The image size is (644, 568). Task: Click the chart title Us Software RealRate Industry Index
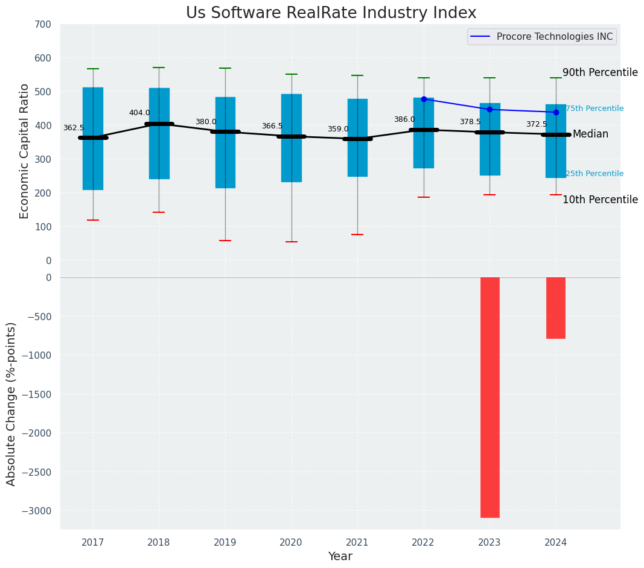[331, 13]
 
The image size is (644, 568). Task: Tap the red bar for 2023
[489, 397]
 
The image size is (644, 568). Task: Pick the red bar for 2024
[556, 308]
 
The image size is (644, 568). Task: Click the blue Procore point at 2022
[424, 99]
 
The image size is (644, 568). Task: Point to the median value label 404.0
[139, 113]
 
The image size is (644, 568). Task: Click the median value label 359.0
[338, 129]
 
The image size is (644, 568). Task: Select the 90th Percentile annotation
[600, 72]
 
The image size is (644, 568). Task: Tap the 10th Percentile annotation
[600, 200]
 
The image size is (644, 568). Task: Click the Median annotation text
[590, 134]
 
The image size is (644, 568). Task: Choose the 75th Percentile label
[595, 109]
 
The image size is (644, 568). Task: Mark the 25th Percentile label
[595, 174]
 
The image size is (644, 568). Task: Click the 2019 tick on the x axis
[225, 543]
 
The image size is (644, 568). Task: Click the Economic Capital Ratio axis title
[25, 151]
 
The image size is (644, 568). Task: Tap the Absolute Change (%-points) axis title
[11, 403]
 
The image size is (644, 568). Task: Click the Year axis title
[340, 557]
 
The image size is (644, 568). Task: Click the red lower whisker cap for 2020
[292, 242]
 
